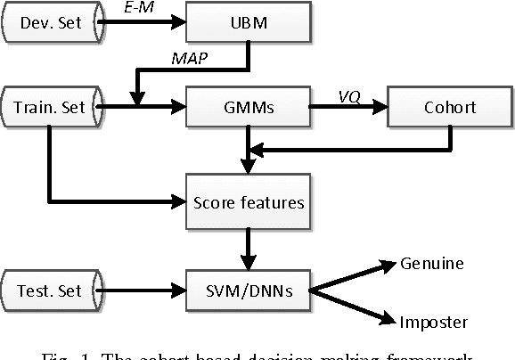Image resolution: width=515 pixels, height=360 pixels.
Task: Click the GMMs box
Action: (x=249, y=108)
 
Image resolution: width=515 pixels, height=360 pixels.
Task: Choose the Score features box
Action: (x=249, y=202)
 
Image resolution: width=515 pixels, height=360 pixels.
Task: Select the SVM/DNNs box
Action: (x=249, y=290)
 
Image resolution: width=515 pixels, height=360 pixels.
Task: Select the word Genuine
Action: (x=431, y=265)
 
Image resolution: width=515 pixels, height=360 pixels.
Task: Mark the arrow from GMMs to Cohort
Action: (x=349, y=108)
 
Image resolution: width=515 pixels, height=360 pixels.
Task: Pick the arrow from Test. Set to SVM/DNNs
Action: (x=143, y=290)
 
